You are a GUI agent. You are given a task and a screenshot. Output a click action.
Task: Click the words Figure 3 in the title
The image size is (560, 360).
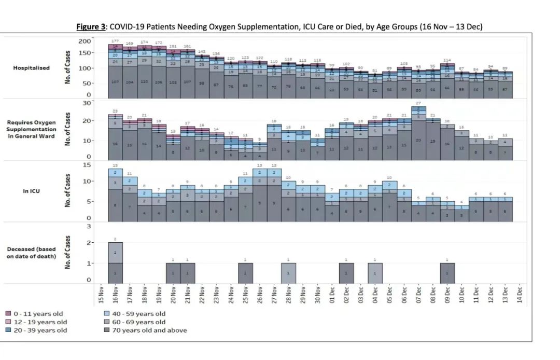89,27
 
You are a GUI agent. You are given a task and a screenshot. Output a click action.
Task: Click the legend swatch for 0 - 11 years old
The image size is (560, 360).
8,314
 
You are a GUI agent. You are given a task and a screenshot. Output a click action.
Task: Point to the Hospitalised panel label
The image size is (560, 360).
31,68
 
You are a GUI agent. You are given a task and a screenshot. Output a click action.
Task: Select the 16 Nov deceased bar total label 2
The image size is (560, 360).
116,239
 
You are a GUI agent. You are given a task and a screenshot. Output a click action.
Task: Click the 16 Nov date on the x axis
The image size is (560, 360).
116,296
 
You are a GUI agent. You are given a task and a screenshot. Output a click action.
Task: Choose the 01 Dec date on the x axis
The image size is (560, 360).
332,296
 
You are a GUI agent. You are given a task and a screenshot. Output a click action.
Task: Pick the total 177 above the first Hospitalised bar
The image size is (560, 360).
115,41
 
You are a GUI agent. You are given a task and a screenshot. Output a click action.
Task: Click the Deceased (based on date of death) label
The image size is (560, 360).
32,253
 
